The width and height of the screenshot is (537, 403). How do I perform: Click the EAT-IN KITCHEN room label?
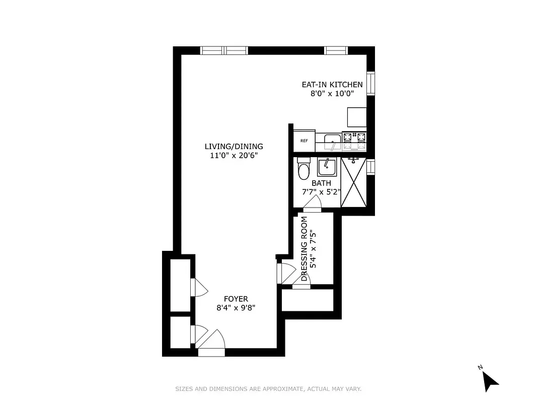332,85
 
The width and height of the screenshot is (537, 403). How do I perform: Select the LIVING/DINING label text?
234,147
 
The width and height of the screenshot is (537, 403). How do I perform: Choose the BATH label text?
321,183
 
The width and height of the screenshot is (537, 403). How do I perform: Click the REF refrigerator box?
304,141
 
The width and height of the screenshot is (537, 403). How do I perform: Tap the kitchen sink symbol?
332,141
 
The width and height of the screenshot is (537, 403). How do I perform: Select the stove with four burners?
354,141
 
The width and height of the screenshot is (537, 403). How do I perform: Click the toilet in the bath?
303,169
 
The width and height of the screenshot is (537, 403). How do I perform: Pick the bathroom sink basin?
327,167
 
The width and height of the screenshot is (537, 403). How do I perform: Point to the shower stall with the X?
353,182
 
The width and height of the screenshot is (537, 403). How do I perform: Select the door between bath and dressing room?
313,204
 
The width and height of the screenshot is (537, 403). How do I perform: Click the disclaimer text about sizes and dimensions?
268,389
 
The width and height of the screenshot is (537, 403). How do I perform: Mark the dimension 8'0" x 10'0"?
332,94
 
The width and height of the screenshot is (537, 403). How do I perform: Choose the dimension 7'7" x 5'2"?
321,192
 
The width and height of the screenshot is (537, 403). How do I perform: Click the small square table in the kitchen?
357,117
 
